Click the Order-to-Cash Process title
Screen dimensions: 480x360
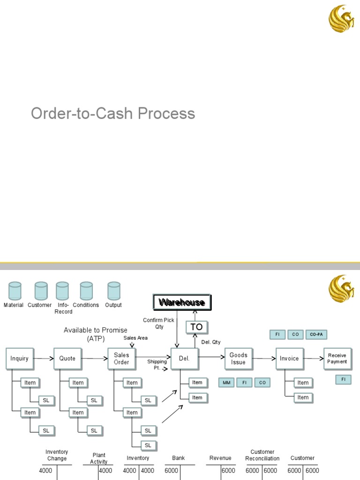tap(113, 113)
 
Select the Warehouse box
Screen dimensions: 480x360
tap(182, 302)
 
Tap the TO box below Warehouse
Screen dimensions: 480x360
tap(197, 327)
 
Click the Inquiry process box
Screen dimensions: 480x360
tap(20, 359)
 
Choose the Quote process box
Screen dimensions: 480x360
tap(67, 359)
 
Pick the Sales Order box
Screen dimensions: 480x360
tap(121, 359)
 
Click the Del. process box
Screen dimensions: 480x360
tap(184, 359)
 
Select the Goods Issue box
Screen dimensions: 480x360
tap(238, 359)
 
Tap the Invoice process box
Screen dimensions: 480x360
tap(289, 359)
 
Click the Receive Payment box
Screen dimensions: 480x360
tap(337, 359)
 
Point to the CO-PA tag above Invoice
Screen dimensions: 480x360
tap(316, 335)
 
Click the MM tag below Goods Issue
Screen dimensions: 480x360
tap(226, 383)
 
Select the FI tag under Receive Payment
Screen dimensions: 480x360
tap(343, 379)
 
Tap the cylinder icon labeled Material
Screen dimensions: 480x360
tap(15, 291)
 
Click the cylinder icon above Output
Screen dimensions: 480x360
tap(113, 291)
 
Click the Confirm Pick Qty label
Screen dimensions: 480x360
tap(159, 323)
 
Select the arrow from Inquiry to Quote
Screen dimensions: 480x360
tap(43, 359)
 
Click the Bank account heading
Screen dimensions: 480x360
tap(178, 458)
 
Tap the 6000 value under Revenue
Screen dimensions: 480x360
tap(228, 471)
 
